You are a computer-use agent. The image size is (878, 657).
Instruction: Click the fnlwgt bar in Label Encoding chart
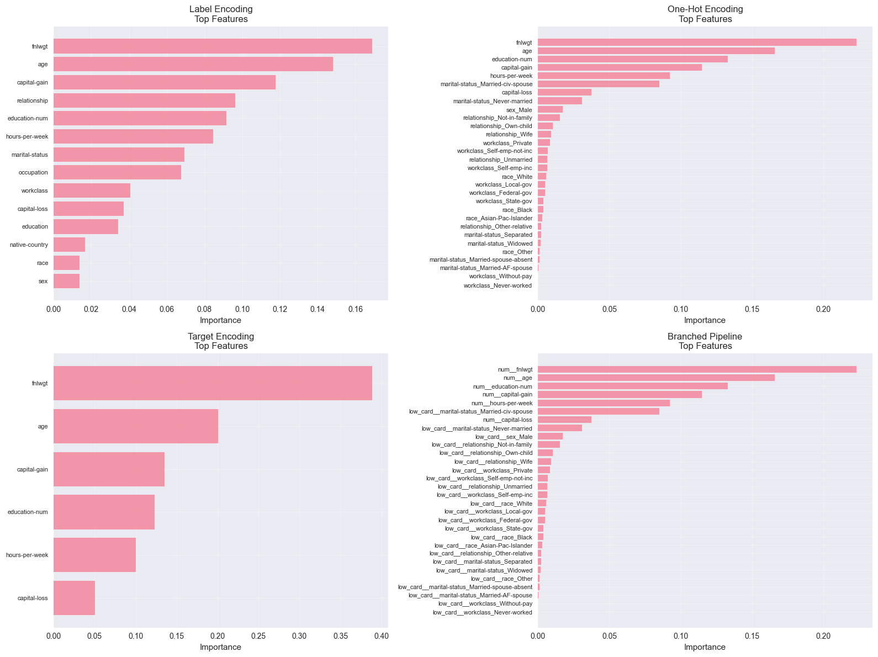[x=213, y=46]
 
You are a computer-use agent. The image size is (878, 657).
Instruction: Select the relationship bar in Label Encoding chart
[x=144, y=100]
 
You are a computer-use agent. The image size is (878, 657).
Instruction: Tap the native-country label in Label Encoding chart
[x=29, y=245]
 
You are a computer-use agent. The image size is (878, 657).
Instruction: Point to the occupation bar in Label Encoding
[x=117, y=172]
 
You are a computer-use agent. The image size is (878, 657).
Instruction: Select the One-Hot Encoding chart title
[x=705, y=14]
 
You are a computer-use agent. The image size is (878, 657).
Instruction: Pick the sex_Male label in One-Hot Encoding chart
[x=519, y=110]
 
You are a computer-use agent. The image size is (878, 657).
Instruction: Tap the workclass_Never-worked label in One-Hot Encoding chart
[x=498, y=285]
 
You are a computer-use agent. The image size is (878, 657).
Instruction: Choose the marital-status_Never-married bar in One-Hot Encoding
[x=560, y=101]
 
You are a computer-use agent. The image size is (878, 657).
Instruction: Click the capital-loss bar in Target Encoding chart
[x=74, y=598]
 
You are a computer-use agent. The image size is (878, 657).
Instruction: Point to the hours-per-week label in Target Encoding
[x=27, y=555]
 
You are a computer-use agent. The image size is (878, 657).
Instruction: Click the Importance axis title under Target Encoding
[x=220, y=647]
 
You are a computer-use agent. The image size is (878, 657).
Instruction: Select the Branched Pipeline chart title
[x=705, y=341]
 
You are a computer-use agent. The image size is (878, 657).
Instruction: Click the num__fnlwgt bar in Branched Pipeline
[x=697, y=369]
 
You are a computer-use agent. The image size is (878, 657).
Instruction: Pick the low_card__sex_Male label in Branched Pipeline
[x=504, y=437]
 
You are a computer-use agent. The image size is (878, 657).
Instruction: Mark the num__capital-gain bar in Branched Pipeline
[x=620, y=395]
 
